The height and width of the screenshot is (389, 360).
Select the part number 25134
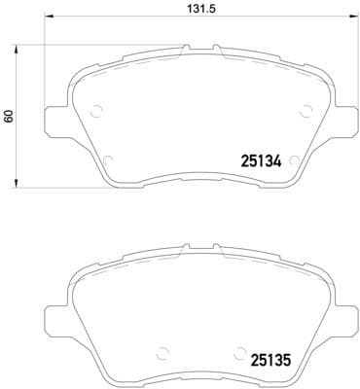point(260,163)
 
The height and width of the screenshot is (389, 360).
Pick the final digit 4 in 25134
point(276,163)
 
